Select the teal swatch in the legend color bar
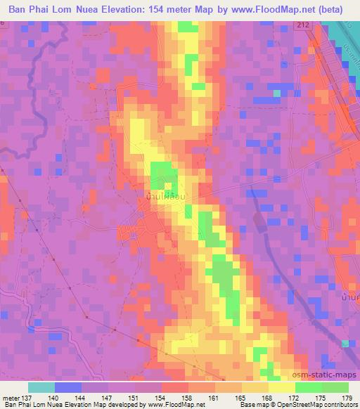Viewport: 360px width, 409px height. tap(41, 387)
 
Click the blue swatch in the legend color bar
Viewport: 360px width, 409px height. tap(67, 387)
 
